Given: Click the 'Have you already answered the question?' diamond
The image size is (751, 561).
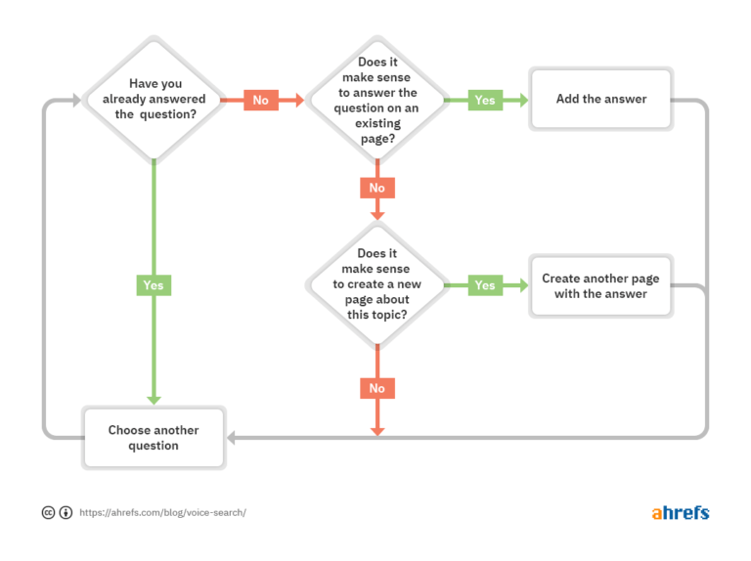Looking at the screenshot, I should click(x=155, y=99).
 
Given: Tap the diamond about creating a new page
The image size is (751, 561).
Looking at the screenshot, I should click(x=376, y=284).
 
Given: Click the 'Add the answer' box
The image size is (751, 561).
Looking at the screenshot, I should click(x=601, y=99).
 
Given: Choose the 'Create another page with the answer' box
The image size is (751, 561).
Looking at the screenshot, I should click(x=601, y=285).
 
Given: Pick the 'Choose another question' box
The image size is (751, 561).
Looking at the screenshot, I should click(x=154, y=438).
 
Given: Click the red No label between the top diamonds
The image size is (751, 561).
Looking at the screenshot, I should click(x=260, y=100).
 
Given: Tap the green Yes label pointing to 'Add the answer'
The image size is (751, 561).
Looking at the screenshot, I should click(x=485, y=100).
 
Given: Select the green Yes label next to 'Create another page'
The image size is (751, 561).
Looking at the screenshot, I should click(x=485, y=285).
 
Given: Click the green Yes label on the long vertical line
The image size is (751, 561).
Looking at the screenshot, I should click(x=154, y=285).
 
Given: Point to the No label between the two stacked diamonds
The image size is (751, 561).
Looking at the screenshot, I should click(x=376, y=188).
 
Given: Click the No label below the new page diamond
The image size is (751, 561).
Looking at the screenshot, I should click(x=376, y=388).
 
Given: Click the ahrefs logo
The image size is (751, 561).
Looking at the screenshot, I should click(x=680, y=512).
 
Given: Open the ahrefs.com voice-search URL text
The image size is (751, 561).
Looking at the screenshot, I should click(x=162, y=512).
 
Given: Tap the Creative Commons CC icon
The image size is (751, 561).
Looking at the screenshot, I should click(x=48, y=512).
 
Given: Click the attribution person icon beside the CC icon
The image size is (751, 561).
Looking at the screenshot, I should click(x=66, y=512).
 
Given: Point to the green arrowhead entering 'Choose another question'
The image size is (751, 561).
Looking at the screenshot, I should click(x=154, y=399).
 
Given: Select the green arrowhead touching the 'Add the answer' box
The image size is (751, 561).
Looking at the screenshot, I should click(x=522, y=100).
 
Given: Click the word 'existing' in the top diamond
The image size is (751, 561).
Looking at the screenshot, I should click(x=376, y=123).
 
